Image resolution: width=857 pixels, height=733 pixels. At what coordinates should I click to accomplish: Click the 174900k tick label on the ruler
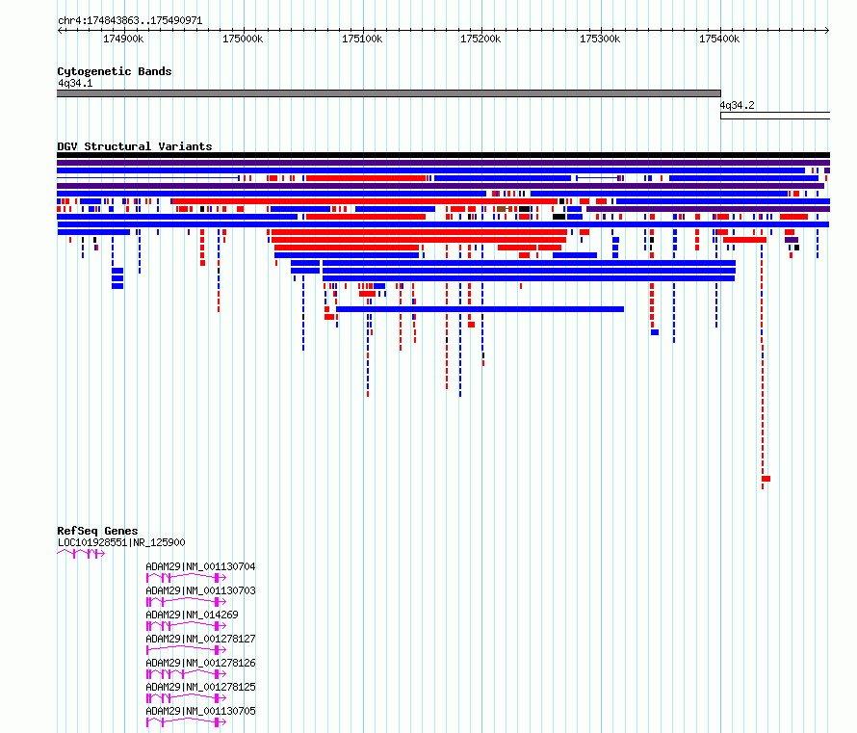point(123,39)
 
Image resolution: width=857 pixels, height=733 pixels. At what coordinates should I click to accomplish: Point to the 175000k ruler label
point(243,39)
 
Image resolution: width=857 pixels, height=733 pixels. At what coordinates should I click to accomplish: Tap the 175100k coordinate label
point(362,39)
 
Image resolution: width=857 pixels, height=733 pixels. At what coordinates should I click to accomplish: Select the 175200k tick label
point(480,39)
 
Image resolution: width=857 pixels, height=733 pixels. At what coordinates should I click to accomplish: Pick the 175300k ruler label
point(600,39)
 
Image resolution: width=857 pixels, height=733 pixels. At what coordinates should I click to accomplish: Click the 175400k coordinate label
point(719,39)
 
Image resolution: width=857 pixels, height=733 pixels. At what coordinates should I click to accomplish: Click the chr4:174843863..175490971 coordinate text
point(130,21)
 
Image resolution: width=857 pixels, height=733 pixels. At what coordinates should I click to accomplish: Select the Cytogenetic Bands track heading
point(115,71)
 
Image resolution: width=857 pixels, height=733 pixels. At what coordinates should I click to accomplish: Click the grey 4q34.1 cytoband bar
point(389,93)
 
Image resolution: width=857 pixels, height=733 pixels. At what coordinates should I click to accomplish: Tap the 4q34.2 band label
point(737,105)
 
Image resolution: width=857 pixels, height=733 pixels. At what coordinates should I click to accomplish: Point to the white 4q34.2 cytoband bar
point(775,116)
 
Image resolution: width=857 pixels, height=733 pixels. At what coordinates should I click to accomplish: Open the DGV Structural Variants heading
point(135,146)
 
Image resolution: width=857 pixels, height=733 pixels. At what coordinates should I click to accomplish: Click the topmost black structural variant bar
point(443,155)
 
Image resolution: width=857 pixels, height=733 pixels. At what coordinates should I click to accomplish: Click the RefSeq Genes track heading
point(97,531)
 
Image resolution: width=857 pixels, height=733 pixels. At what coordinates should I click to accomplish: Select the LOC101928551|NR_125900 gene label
point(121,543)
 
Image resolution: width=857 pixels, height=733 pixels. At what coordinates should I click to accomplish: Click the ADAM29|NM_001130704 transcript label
point(200,566)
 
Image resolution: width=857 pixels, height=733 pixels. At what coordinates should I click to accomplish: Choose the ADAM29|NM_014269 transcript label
point(192,615)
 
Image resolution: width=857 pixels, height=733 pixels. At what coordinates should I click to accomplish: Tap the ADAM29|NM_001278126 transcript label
point(200,663)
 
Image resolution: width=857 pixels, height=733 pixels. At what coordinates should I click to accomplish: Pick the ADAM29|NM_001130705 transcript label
point(200,711)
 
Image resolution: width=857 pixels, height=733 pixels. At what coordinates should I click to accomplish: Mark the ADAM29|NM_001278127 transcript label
point(200,639)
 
